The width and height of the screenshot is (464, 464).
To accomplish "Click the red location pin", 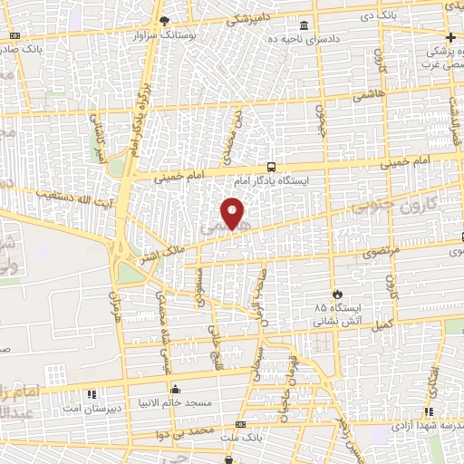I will [x=234, y=214].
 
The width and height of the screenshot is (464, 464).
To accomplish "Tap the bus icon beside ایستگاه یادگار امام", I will [x=271, y=168].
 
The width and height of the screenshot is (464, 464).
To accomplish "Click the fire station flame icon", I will [x=337, y=295].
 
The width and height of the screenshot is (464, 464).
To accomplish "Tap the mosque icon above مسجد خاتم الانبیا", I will [x=175, y=390].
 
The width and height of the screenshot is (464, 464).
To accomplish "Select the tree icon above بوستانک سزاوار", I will [x=163, y=21].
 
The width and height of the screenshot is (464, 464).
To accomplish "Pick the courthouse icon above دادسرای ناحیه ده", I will [x=303, y=24].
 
